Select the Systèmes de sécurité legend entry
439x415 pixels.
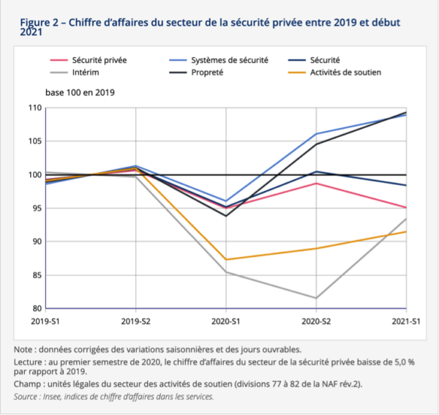(x=226, y=59)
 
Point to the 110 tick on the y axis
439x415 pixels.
(x=33, y=108)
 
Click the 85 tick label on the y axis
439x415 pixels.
(x=35, y=275)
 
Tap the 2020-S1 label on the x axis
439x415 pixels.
(x=226, y=321)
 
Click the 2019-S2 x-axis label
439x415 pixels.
(x=136, y=321)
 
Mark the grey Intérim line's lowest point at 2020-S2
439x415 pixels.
(x=316, y=298)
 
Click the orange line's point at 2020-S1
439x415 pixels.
(x=226, y=259)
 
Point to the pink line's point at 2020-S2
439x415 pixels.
(x=316, y=183)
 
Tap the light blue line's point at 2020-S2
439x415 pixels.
(x=316, y=134)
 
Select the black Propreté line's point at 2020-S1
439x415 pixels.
(x=226, y=216)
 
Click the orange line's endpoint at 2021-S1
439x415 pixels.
(x=406, y=232)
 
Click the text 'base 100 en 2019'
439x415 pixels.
(x=80, y=93)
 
